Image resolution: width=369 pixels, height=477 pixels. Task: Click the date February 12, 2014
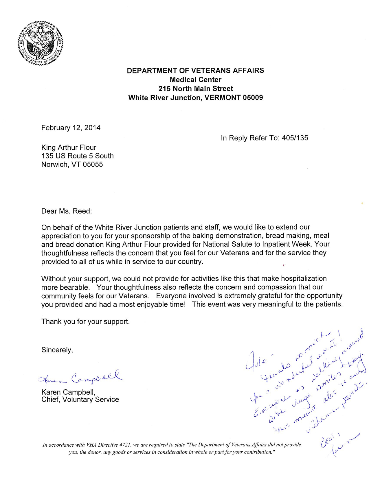[x=71, y=128]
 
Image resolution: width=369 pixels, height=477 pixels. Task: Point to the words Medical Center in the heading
[x=196, y=79]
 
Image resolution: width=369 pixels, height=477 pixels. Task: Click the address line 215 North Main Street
[x=196, y=88]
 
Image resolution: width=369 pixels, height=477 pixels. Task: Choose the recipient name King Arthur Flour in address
[x=69, y=147]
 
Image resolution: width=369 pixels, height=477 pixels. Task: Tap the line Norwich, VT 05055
[x=72, y=164]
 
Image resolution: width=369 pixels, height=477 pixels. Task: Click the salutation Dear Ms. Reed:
[x=67, y=211]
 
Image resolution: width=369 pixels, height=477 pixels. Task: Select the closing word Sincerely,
[x=57, y=350]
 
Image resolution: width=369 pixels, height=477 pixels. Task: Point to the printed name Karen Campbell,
[x=68, y=392]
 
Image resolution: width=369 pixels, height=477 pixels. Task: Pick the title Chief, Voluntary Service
[x=80, y=400]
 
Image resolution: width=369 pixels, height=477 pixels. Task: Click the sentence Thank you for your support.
[x=85, y=321]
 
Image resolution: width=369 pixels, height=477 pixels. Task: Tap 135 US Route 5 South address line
[x=77, y=156]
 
